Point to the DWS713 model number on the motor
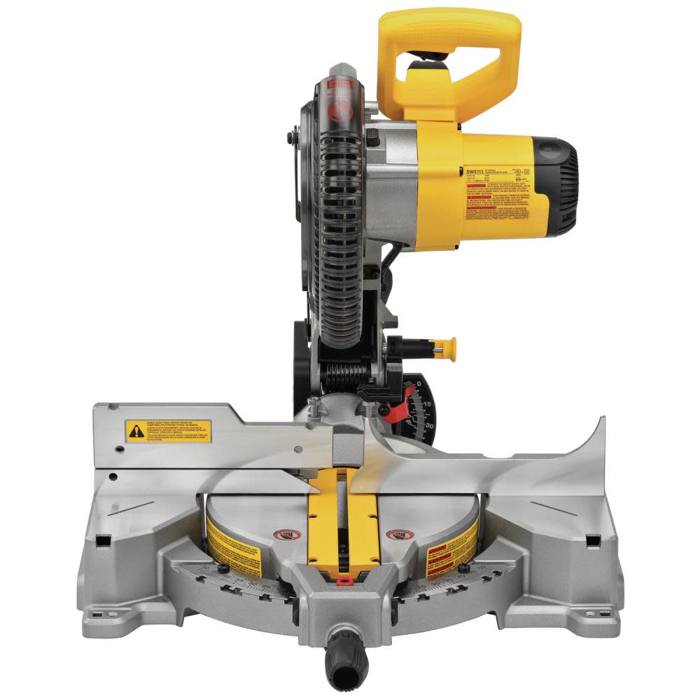[x=476, y=170]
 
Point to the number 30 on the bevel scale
[x=429, y=424]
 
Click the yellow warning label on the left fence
[x=167, y=430]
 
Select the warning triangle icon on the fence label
[x=135, y=431]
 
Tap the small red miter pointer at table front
[x=342, y=580]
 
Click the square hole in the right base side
[x=592, y=542]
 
